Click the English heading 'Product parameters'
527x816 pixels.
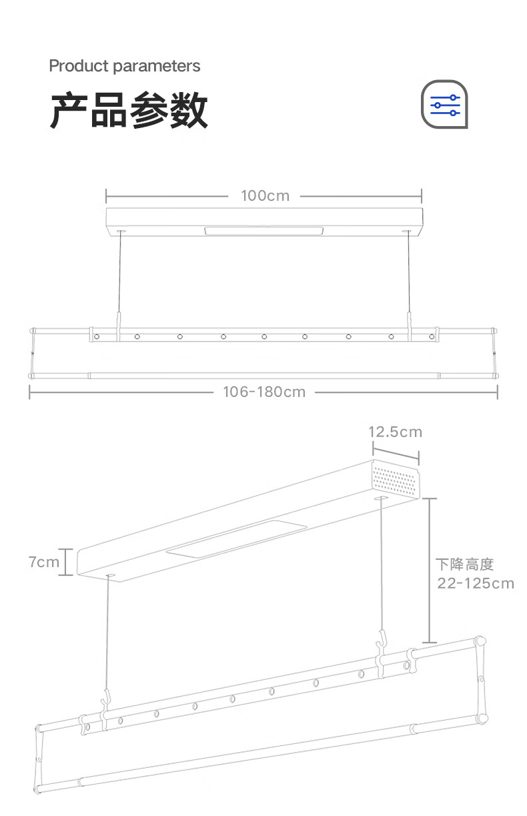(x=125, y=66)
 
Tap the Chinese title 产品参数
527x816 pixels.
(x=129, y=111)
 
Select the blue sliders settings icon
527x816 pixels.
(x=445, y=105)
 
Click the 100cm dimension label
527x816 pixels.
(x=265, y=195)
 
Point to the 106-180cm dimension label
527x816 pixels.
(x=264, y=392)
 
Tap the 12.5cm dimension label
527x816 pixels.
(x=396, y=432)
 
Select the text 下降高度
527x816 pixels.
(x=464, y=564)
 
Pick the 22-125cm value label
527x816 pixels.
(x=476, y=583)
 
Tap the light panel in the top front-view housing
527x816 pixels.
(x=264, y=232)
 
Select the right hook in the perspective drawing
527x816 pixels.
(x=382, y=644)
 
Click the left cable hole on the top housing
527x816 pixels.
(x=121, y=232)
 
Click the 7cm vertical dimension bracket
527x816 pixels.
(x=69, y=562)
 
